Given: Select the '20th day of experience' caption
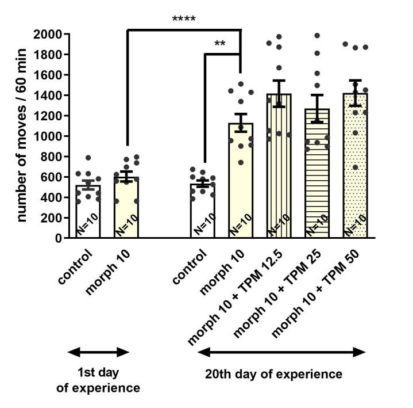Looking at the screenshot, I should pos(273,375).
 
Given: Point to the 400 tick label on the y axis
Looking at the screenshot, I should pos(55,197).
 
